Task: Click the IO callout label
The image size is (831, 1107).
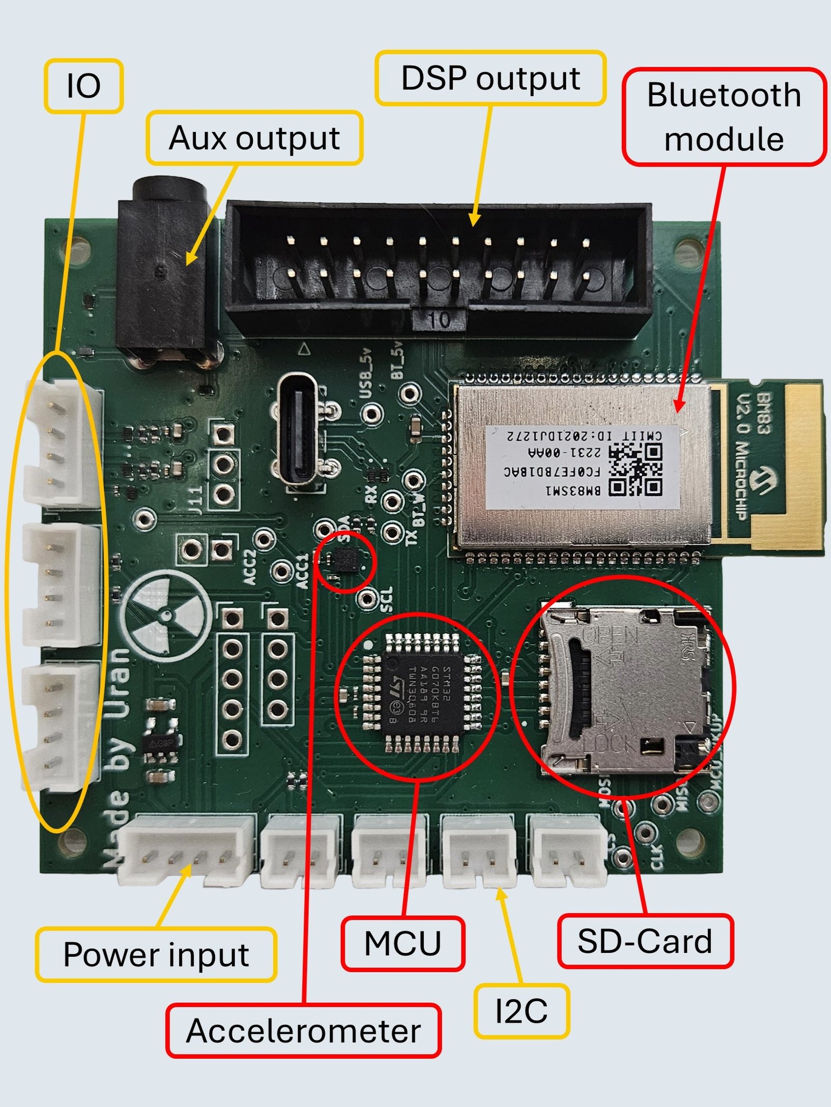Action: point(84,86)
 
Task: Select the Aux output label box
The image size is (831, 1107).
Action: point(254,138)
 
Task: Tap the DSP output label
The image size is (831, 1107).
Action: point(490,78)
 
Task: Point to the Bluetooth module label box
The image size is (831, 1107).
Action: point(724,117)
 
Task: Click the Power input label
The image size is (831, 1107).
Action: point(156,954)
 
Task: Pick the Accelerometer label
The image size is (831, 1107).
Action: point(303,1031)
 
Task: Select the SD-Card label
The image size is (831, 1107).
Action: point(645,941)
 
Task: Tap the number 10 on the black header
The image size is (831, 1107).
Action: point(439,320)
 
